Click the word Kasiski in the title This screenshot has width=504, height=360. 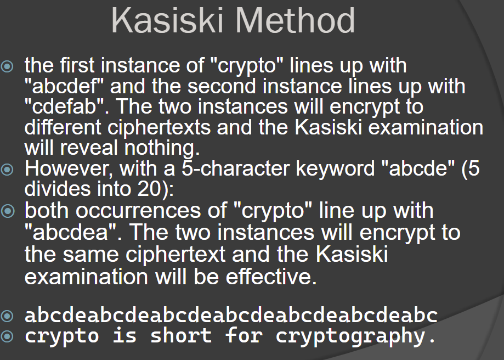[167, 20]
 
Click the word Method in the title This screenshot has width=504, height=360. [296, 20]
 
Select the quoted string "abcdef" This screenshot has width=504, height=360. [64, 86]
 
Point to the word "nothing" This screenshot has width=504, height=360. [162, 148]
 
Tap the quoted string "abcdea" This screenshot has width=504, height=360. [71, 232]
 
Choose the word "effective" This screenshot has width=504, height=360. [271, 277]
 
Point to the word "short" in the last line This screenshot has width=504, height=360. [180, 335]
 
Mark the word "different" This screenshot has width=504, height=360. [63, 127]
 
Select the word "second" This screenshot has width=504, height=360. [222, 87]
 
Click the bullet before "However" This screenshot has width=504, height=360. [7, 169]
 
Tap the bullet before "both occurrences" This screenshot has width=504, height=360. [8, 211]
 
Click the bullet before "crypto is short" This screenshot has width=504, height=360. [7, 336]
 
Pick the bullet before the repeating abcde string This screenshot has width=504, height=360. [7, 316]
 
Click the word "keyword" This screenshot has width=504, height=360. [335, 168]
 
